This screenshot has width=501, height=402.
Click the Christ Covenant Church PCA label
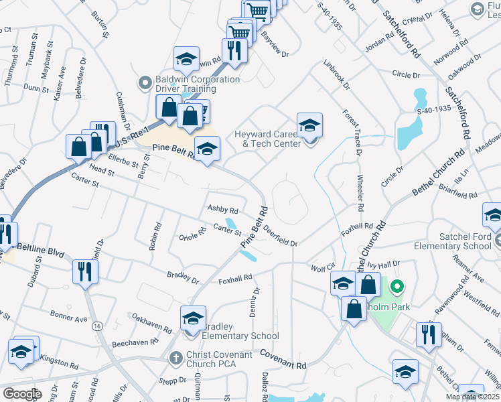pyautogui.click(x=220, y=359)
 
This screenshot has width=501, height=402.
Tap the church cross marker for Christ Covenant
pyautogui.click(x=176, y=358)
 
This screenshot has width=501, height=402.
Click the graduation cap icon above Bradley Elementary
pyautogui.click(x=193, y=318)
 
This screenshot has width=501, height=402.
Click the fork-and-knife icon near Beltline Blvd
pyautogui.click(x=85, y=271)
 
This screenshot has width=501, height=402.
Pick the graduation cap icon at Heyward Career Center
pyautogui.click(x=309, y=125)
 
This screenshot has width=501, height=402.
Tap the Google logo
pyautogui.click(x=22, y=394)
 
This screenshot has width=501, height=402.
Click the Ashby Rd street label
pyautogui.click(x=223, y=210)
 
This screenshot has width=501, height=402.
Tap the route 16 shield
pyautogui.click(x=98, y=326)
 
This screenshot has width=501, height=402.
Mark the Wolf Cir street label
pyautogui.click(x=322, y=268)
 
